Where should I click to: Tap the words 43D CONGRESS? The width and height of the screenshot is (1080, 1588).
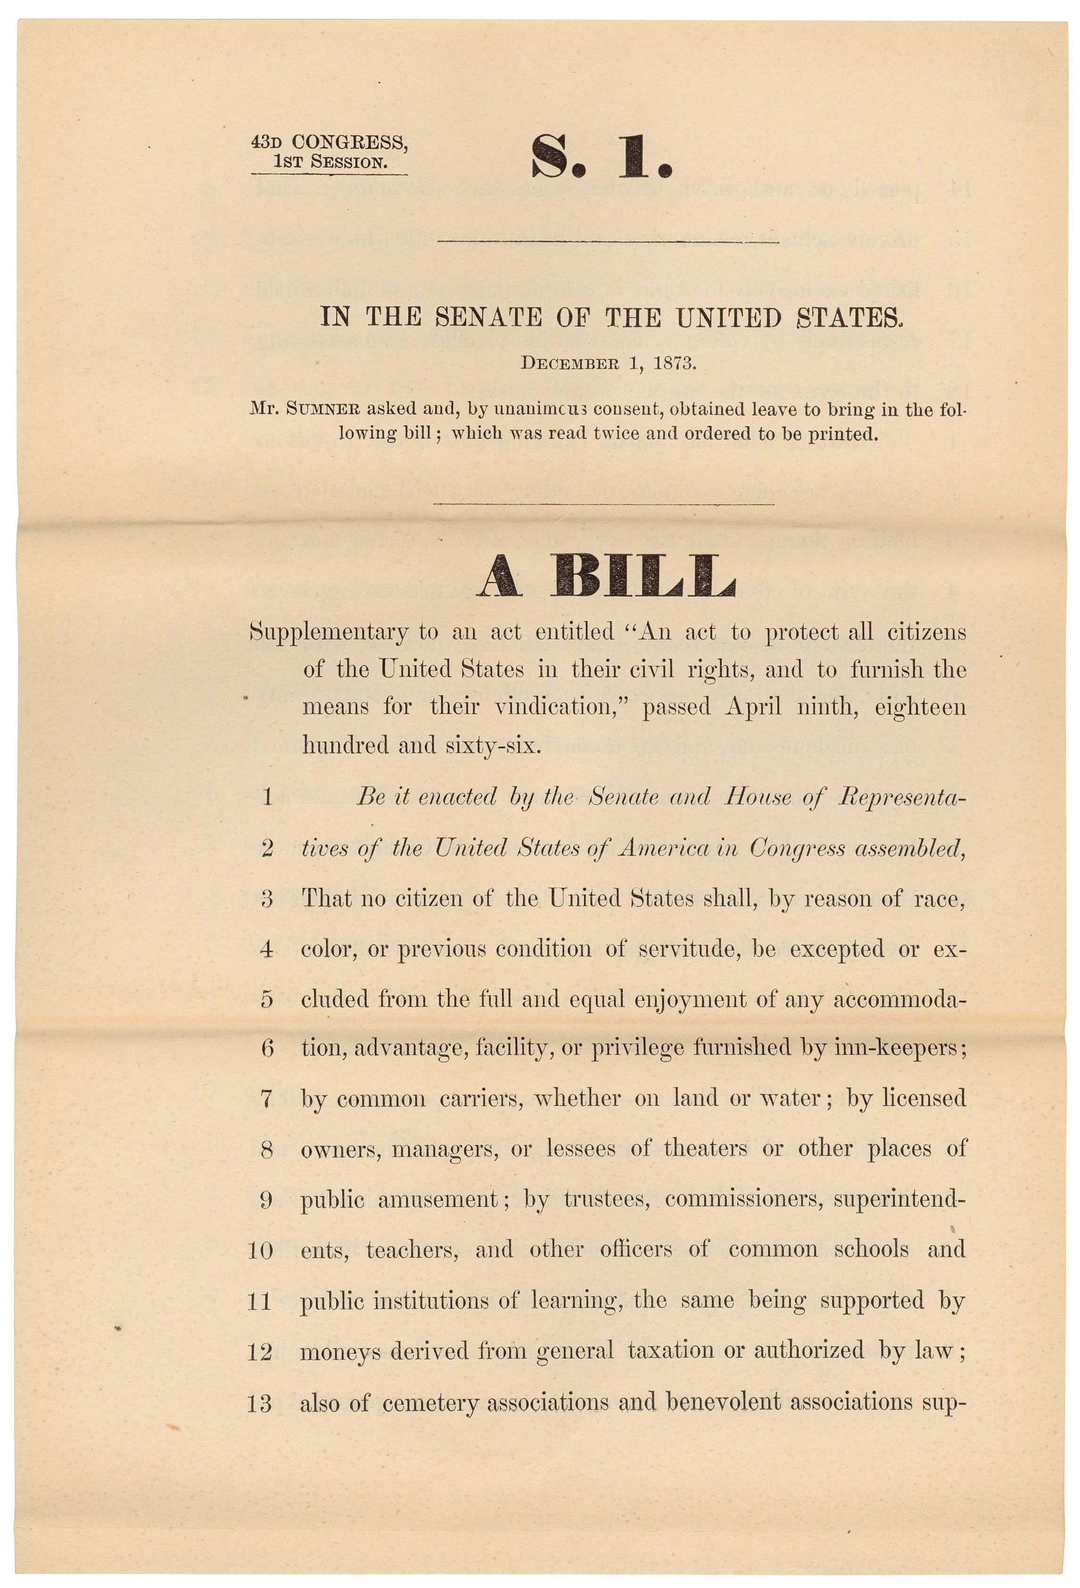tap(330, 142)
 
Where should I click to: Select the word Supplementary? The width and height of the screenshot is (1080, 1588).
tap(329, 632)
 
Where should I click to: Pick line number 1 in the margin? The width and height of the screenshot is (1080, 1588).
tap(267, 797)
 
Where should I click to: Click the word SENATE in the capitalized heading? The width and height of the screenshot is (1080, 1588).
tap(489, 317)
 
